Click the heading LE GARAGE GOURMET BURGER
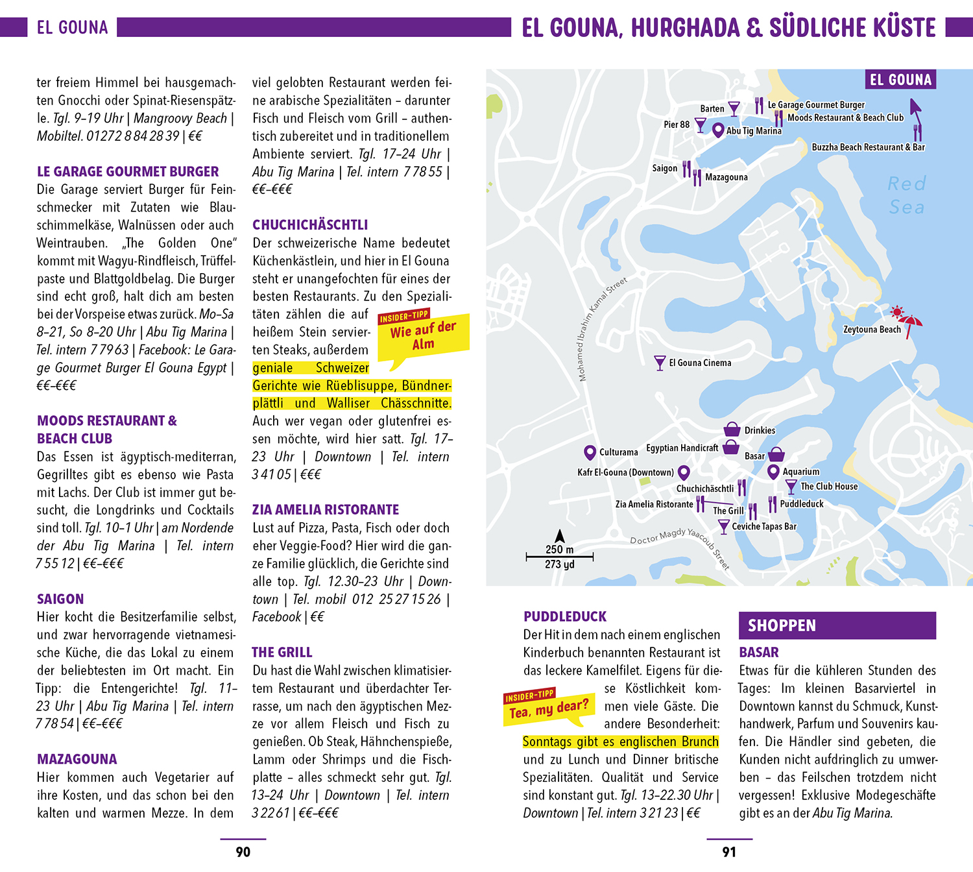tap(128, 172)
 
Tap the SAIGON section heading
tap(60, 599)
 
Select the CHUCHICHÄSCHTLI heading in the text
tap(310, 225)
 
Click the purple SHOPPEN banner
tap(837, 625)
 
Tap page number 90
tap(243, 852)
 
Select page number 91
tap(729, 852)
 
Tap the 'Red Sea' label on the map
tap(907, 195)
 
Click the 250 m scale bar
tap(559, 556)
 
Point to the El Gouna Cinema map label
tap(700, 363)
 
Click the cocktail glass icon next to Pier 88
tap(701, 125)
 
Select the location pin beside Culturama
tap(590, 452)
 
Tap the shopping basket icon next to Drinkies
tap(732, 430)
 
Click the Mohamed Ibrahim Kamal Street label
tap(601, 329)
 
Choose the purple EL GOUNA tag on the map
tap(900, 80)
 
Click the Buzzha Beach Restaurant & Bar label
tap(868, 147)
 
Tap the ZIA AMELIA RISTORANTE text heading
tap(326, 510)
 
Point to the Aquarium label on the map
tap(801, 472)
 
